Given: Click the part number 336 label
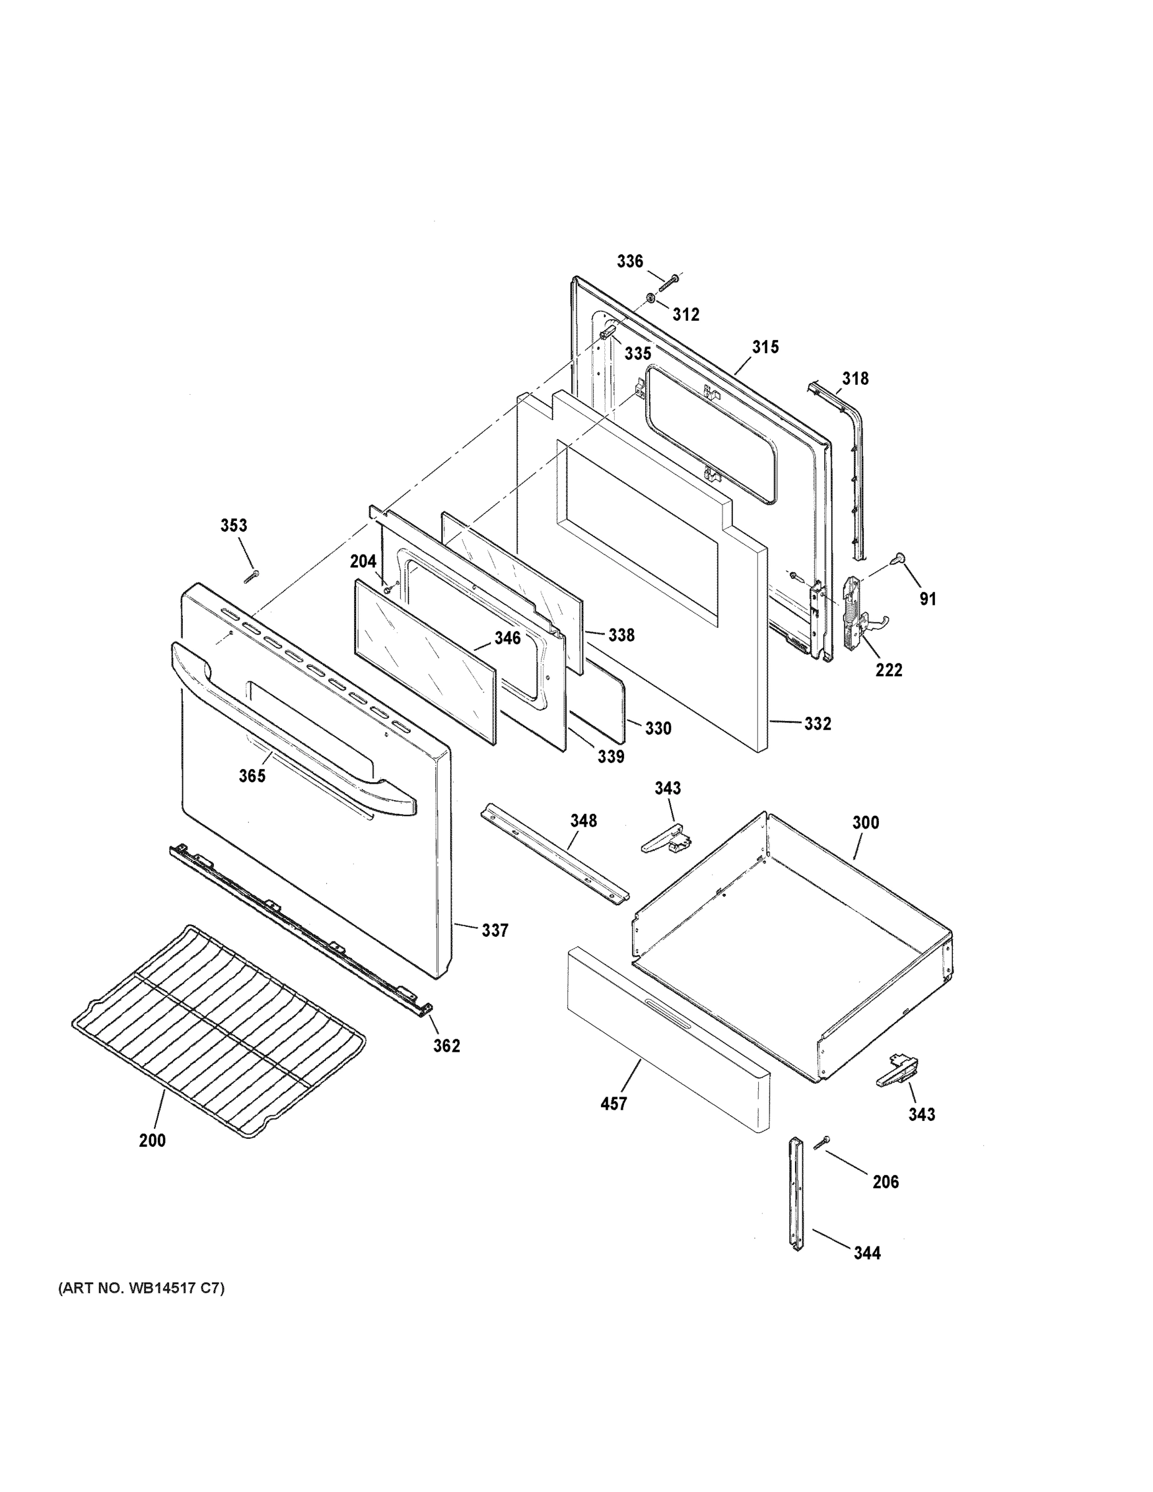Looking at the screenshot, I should coord(630,261).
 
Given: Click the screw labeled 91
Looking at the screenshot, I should coord(897,559).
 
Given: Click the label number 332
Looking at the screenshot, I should coord(817,724).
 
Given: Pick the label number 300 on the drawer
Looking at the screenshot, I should coord(865,822).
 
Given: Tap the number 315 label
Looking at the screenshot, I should coord(766,347).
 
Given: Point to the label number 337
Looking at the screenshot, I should coord(495,930).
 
